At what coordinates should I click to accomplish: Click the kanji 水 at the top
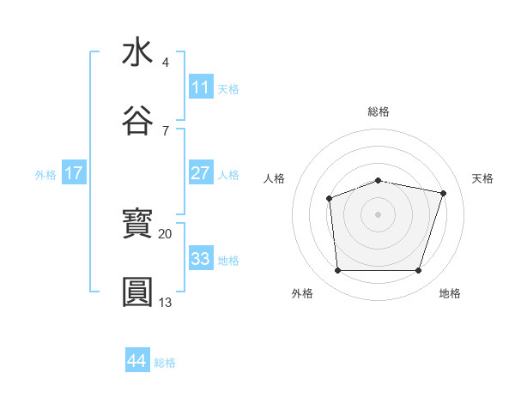137,52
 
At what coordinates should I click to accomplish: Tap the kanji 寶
137,225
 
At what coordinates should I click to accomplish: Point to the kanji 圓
137,292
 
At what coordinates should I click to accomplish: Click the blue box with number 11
201,87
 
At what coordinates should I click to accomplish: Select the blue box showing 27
201,173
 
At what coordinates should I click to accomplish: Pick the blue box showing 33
201,258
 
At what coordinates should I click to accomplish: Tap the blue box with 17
74,173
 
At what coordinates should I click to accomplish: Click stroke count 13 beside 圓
165,302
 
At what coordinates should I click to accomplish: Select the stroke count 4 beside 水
165,63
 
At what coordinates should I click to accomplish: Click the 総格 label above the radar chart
379,111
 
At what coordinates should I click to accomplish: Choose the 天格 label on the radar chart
482,178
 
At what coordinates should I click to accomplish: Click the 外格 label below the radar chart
302,293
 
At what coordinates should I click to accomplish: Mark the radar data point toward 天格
443,193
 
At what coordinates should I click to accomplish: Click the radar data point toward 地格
418,271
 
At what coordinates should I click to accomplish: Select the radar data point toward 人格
329,199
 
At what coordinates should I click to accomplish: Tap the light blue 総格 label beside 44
165,363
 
